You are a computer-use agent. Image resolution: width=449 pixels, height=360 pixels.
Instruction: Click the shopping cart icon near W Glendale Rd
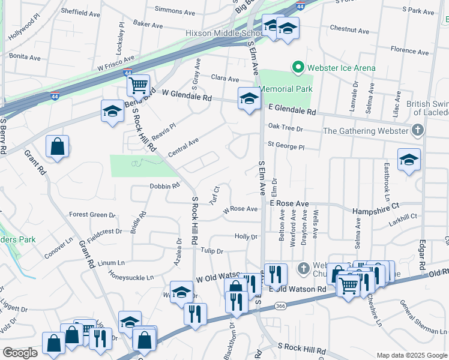(139, 85)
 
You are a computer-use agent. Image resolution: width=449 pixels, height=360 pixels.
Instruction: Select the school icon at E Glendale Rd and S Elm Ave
(249, 100)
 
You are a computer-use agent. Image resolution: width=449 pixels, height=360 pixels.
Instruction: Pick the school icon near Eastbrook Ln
(409, 160)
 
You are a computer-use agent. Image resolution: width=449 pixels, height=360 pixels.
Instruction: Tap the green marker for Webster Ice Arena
(297, 68)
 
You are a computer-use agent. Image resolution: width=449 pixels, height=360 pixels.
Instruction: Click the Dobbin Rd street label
(164, 186)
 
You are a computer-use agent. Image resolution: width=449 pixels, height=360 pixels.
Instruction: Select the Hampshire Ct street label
(376, 205)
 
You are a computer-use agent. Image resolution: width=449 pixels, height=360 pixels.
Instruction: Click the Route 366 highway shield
(280, 307)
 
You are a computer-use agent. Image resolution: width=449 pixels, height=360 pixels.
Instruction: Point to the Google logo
(20, 353)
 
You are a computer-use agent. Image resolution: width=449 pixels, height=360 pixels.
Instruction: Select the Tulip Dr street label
(212, 251)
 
